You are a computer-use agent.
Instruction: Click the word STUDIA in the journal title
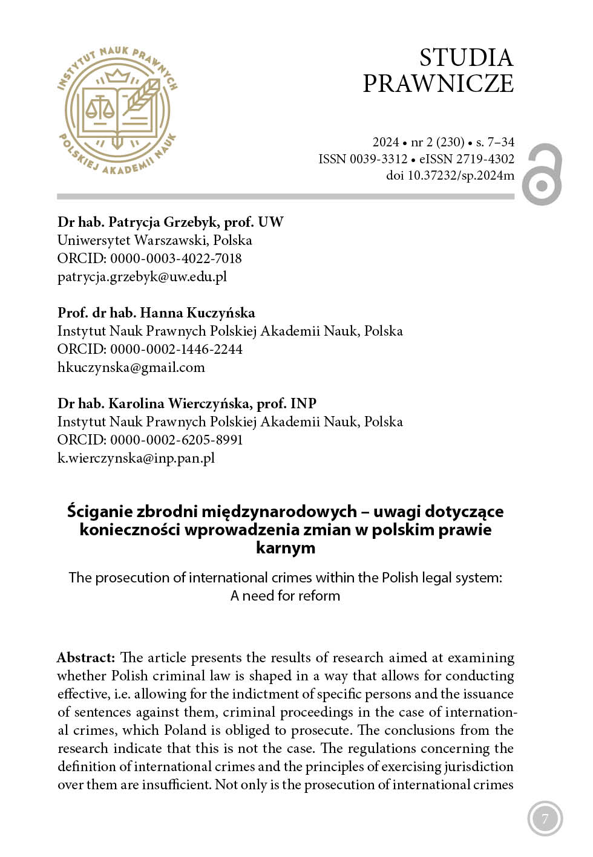pyautogui.click(x=466, y=58)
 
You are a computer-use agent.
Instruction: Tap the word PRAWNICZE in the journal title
pyautogui.click(x=438, y=83)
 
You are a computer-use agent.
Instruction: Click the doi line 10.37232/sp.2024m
pyautogui.click(x=450, y=175)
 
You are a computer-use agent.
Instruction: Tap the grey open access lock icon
pyautogui.click(x=543, y=174)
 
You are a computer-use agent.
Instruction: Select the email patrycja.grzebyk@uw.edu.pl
pyautogui.click(x=142, y=276)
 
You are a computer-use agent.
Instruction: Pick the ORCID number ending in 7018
pyautogui.click(x=175, y=258)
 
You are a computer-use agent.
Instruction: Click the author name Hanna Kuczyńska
pyautogui.click(x=197, y=313)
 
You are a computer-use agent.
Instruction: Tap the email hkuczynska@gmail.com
pyautogui.click(x=131, y=367)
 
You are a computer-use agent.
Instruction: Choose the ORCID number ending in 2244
pyautogui.click(x=175, y=349)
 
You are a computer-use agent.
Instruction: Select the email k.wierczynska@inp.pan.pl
pyautogui.click(x=136, y=458)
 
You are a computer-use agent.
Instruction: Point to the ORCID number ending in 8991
pyautogui.click(x=175, y=440)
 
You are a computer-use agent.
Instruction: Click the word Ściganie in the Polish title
pyautogui.click(x=99, y=512)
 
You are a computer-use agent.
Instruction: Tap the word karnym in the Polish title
pyautogui.click(x=286, y=548)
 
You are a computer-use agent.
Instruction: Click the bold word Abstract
pyautogui.click(x=86, y=657)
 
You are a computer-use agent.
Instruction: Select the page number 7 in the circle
pyautogui.click(x=545, y=819)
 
